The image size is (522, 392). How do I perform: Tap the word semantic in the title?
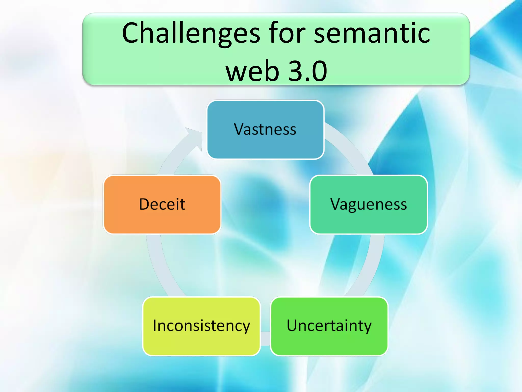[372, 33]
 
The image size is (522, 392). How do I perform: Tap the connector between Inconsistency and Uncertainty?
[265, 338]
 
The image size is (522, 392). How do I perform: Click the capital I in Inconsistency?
[155, 325]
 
